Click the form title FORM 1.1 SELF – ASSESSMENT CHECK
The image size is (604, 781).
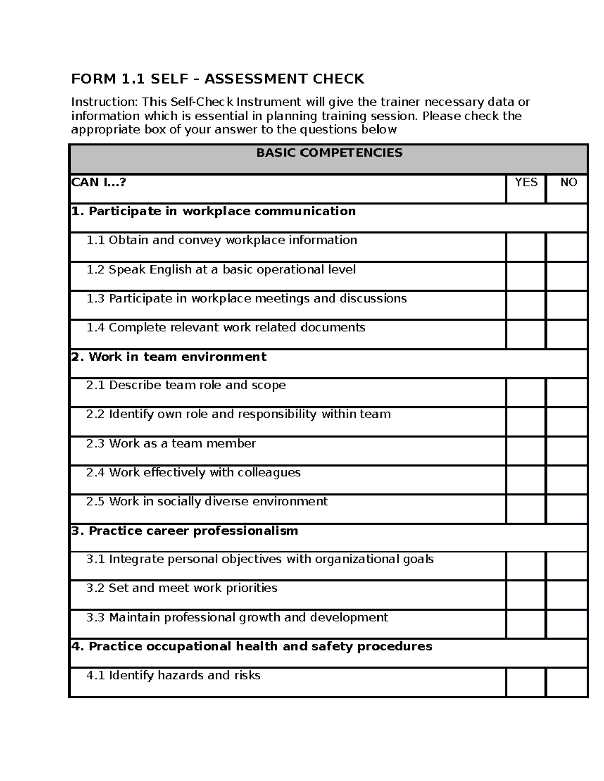pos(217,79)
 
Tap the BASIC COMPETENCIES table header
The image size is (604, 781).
pos(329,153)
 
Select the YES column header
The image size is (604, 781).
pos(525,183)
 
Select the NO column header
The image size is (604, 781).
pos(568,183)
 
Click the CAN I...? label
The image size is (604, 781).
pos(99,182)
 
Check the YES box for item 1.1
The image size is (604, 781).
pos(525,247)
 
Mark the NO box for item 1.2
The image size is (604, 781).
pos(567,276)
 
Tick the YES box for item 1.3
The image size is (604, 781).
pos(525,305)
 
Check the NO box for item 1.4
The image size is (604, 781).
pos(567,334)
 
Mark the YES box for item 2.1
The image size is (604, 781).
pos(525,392)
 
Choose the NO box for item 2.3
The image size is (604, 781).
pos(567,451)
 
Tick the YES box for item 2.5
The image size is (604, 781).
pos(525,509)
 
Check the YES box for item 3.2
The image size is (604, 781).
pos(525,595)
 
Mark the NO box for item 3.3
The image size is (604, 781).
pos(567,624)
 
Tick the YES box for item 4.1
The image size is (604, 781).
pos(525,682)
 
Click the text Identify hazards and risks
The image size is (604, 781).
pos(184,675)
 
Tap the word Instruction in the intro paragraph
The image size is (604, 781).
pos(103,102)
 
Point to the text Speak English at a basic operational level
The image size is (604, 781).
pos(232,270)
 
